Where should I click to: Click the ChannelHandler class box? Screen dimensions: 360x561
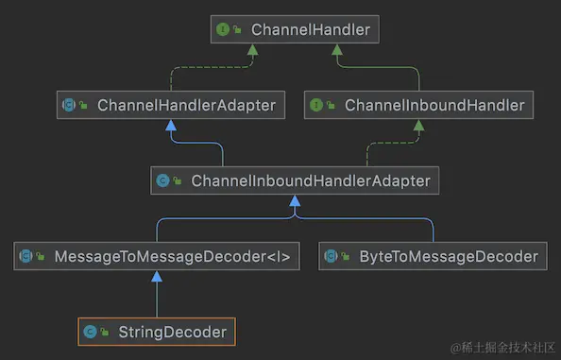pos(295,30)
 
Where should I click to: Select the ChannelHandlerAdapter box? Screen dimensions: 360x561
pos(170,105)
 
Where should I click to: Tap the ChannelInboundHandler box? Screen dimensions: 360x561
pos(418,105)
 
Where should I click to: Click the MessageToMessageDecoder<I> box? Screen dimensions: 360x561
pos(157,256)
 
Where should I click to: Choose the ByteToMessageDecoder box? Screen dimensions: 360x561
pos(433,256)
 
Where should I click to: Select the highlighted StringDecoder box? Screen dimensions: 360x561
pos(157,332)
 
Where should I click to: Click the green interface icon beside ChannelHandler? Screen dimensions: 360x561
pos(224,30)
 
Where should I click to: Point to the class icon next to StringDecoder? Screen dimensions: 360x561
pos(90,332)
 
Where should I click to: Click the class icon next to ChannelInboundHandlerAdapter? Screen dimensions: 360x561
pos(162,180)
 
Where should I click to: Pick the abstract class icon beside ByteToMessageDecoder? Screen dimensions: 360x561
pos(331,256)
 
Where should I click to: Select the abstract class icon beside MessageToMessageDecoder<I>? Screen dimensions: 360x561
pos(25,256)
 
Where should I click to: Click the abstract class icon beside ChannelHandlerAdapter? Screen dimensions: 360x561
pos(69,105)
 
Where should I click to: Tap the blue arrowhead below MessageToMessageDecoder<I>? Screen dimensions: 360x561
pos(157,276)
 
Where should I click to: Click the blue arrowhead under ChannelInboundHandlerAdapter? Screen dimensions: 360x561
pos(296,200)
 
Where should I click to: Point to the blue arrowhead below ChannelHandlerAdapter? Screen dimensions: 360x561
pos(171,125)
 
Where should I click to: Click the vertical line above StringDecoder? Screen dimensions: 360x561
pos(157,300)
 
